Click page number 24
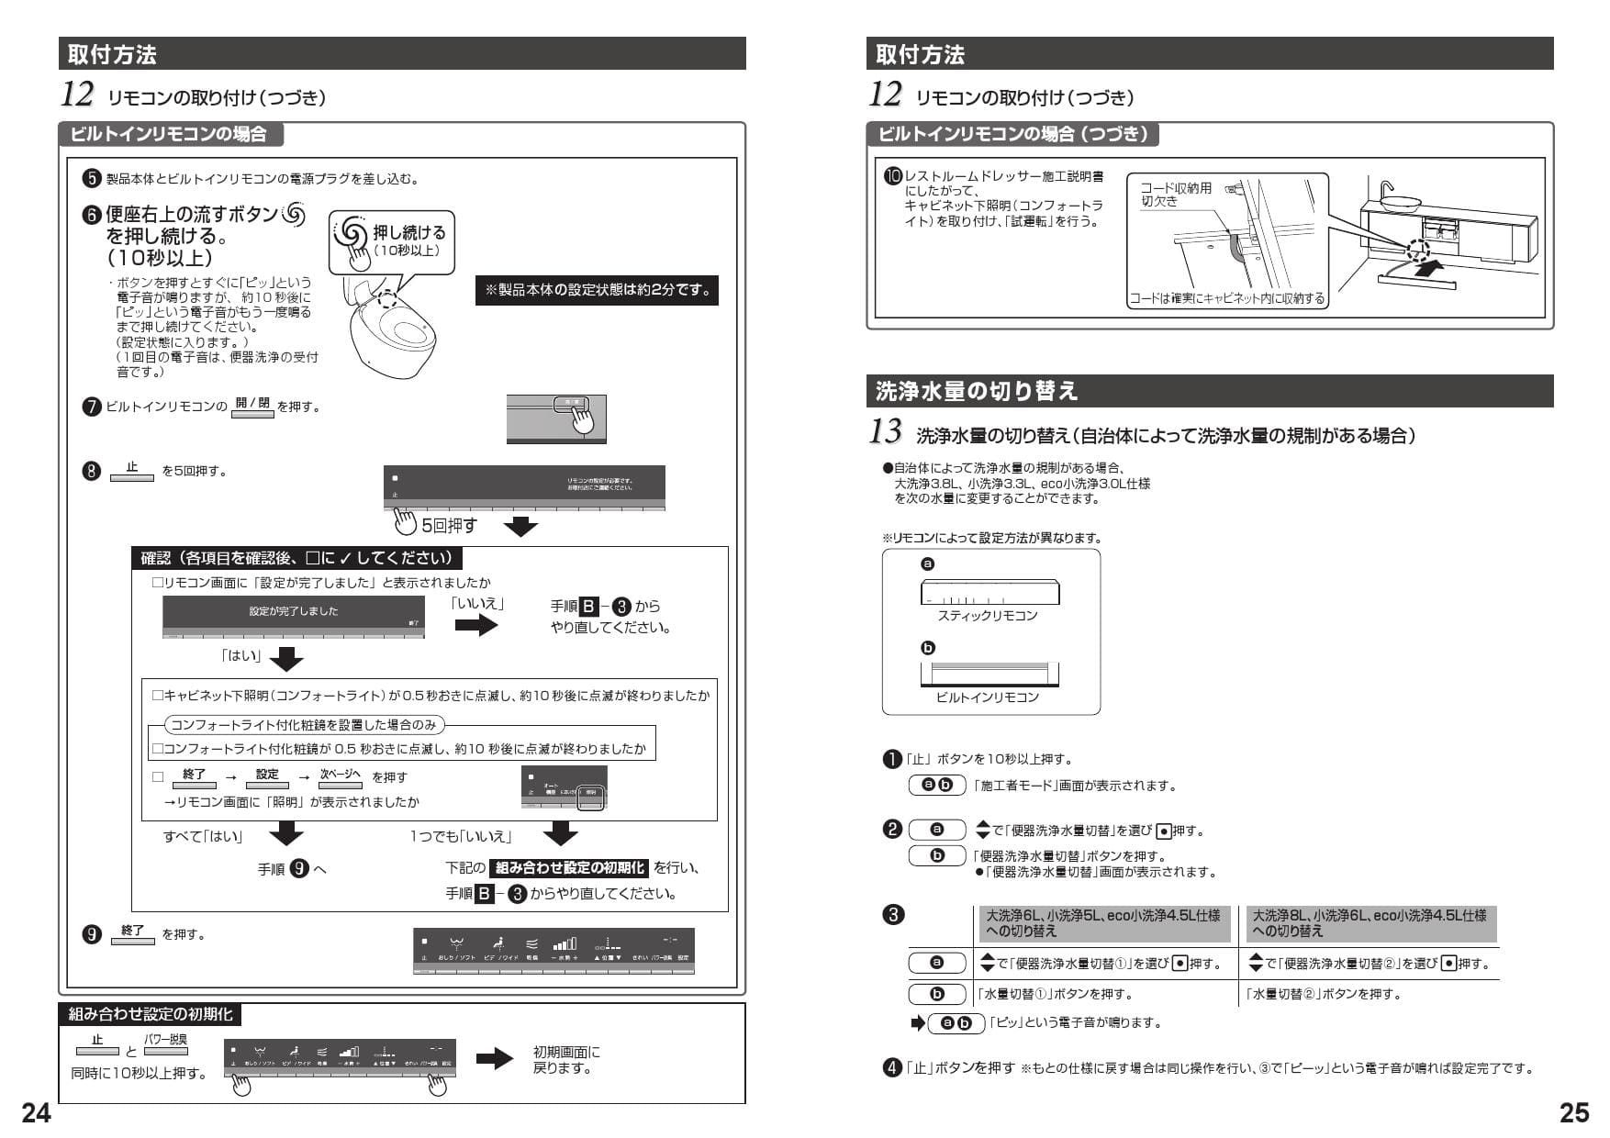37,1112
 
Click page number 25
1574,1112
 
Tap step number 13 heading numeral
885,431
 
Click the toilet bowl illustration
386,330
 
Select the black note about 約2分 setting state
597,290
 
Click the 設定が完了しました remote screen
294,616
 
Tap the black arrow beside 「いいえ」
476,626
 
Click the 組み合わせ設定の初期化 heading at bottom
151,1014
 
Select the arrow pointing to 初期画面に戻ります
496,1060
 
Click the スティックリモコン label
988,616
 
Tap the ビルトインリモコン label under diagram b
988,697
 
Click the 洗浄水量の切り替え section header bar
1209,391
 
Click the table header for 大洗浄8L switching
1369,923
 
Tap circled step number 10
892,176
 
